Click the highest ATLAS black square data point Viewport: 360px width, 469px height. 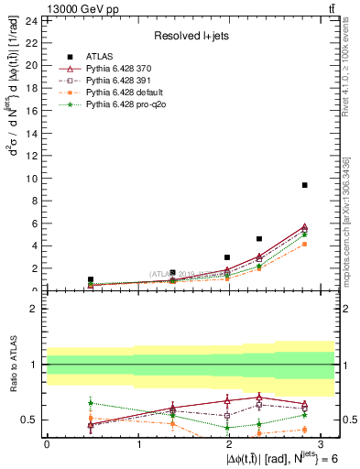[x=304, y=185]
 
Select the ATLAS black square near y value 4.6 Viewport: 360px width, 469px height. [x=259, y=239]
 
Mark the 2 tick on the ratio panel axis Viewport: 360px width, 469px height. [x=36, y=309]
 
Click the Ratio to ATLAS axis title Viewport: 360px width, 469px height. [x=12, y=365]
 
